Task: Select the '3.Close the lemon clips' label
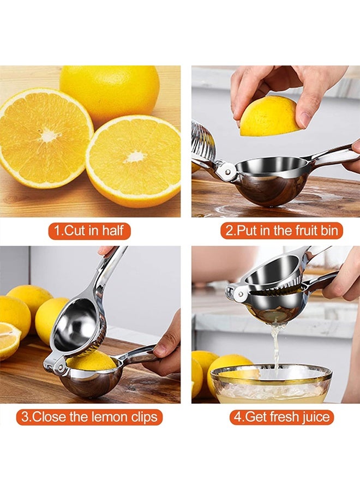[x=89, y=418]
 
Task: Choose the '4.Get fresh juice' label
[x=281, y=418]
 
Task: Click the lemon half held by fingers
[x=269, y=116]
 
